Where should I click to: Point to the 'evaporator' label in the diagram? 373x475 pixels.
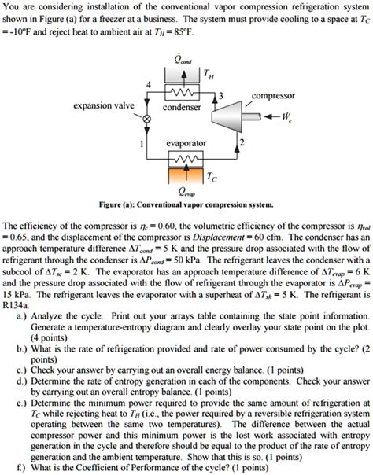(186, 143)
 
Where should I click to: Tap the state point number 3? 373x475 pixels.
(221, 95)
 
